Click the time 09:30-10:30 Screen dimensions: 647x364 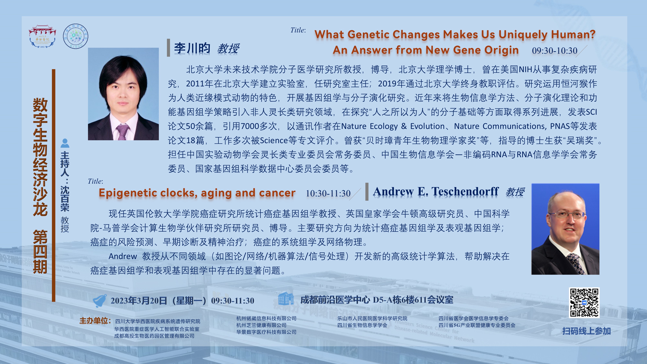(555, 51)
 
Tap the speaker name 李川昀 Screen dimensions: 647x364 (192, 48)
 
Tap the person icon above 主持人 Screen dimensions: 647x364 (65, 143)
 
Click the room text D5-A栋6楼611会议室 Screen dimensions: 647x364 (413, 300)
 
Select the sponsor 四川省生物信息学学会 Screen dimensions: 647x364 (362, 325)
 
